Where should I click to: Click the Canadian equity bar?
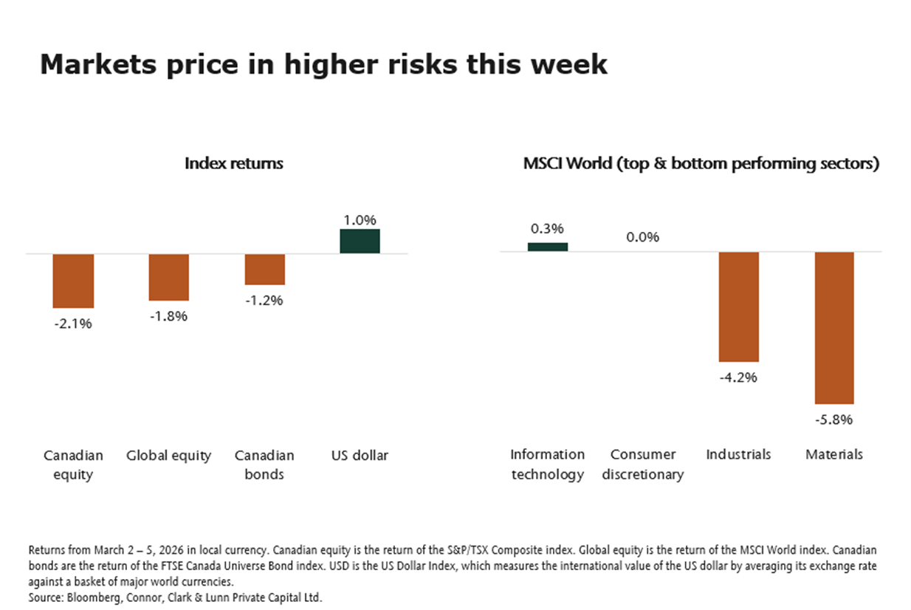point(72,281)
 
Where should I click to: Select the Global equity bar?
point(168,277)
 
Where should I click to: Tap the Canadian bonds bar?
point(264,270)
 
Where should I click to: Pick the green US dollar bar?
point(360,241)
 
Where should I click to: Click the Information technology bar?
point(548,247)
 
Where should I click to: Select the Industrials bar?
point(738,306)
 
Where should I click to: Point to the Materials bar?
point(834,328)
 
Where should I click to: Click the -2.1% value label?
point(72,323)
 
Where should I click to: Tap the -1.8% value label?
point(168,316)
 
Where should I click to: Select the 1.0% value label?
point(360,219)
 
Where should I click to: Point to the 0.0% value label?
point(642,237)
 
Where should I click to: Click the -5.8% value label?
point(834,419)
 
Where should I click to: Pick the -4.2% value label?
point(738,377)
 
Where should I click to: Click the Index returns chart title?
point(233,163)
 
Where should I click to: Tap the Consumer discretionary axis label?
point(642,465)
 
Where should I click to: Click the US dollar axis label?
point(360,455)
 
